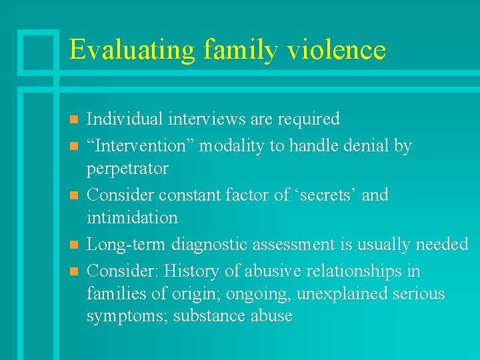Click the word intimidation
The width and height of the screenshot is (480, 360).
[132, 218]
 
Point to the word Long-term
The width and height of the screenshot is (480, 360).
[127, 245]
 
